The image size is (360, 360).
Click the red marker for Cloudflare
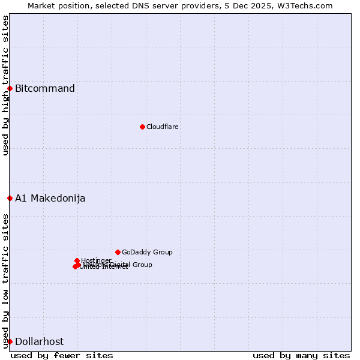tap(142, 127)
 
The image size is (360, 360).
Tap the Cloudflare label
tap(163, 127)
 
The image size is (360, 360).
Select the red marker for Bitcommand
tap(10, 89)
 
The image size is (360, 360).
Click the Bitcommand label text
tap(45, 89)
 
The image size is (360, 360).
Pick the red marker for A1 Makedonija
tap(10, 198)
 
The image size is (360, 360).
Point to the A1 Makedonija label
tap(50, 199)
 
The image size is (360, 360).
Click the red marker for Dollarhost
tap(10, 341)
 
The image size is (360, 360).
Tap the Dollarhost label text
tap(39, 342)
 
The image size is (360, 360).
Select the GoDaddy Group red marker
tap(118, 252)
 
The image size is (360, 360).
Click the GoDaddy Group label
tap(147, 253)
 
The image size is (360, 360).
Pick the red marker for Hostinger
tap(77, 260)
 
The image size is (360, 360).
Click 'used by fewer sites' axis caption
tap(62, 355)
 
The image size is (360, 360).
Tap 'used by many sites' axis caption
tap(301, 355)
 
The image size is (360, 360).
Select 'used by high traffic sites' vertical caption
tap(5, 85)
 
